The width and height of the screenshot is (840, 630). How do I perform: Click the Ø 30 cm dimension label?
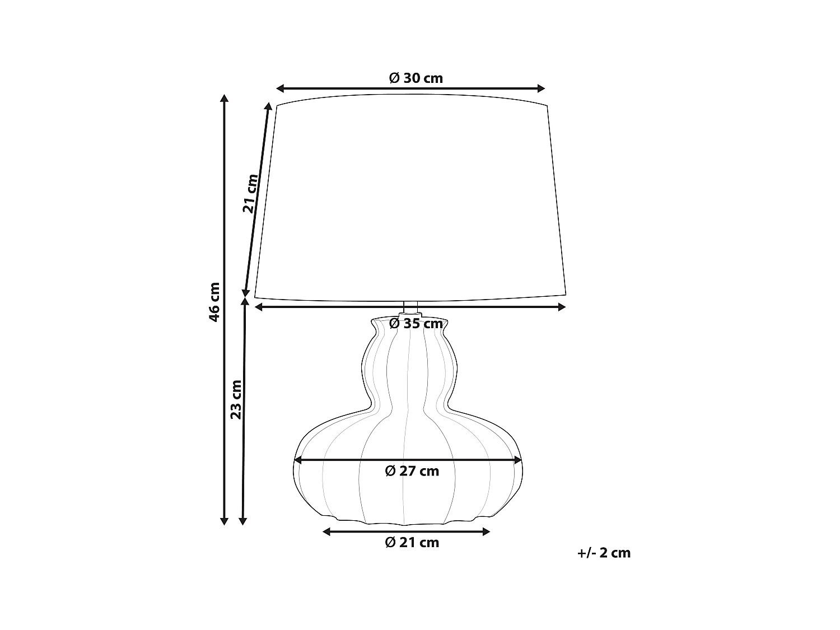point(416,78)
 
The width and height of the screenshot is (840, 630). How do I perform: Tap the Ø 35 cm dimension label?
point(416,324)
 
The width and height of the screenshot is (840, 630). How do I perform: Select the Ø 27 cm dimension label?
point(412,471)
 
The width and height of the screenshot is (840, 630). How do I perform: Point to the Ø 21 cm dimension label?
point(412,542)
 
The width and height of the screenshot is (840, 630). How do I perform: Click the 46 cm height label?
point(213,302)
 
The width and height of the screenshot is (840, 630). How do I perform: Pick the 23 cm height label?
point(236,399)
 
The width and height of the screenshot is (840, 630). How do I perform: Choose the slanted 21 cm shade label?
point(250,194)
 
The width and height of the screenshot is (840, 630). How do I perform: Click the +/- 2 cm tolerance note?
point(604,553)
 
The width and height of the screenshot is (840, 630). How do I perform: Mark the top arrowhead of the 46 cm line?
point(224,98)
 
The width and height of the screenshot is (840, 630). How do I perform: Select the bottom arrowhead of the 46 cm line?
point(224,521)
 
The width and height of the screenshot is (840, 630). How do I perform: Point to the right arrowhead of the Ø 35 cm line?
point(562,306)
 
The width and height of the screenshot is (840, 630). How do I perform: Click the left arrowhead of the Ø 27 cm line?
point(298,460)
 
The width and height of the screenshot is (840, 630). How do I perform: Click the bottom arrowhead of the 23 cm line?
point(242,521)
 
